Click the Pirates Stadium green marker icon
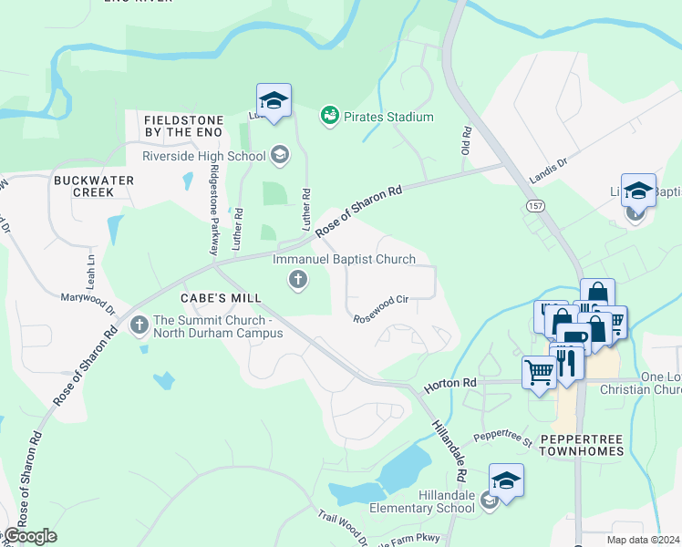point(329,117)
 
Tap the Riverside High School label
point(203,155)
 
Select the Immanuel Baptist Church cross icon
point(297,280)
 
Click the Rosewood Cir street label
point(381,305)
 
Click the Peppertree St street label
point(502,438)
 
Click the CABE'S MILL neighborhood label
point(221,298)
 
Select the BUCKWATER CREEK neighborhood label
point(94,187)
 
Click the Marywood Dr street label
point(88,304)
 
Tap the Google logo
point(29,536)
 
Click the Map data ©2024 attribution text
point(643,540)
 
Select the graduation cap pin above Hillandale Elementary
point(507,480)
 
